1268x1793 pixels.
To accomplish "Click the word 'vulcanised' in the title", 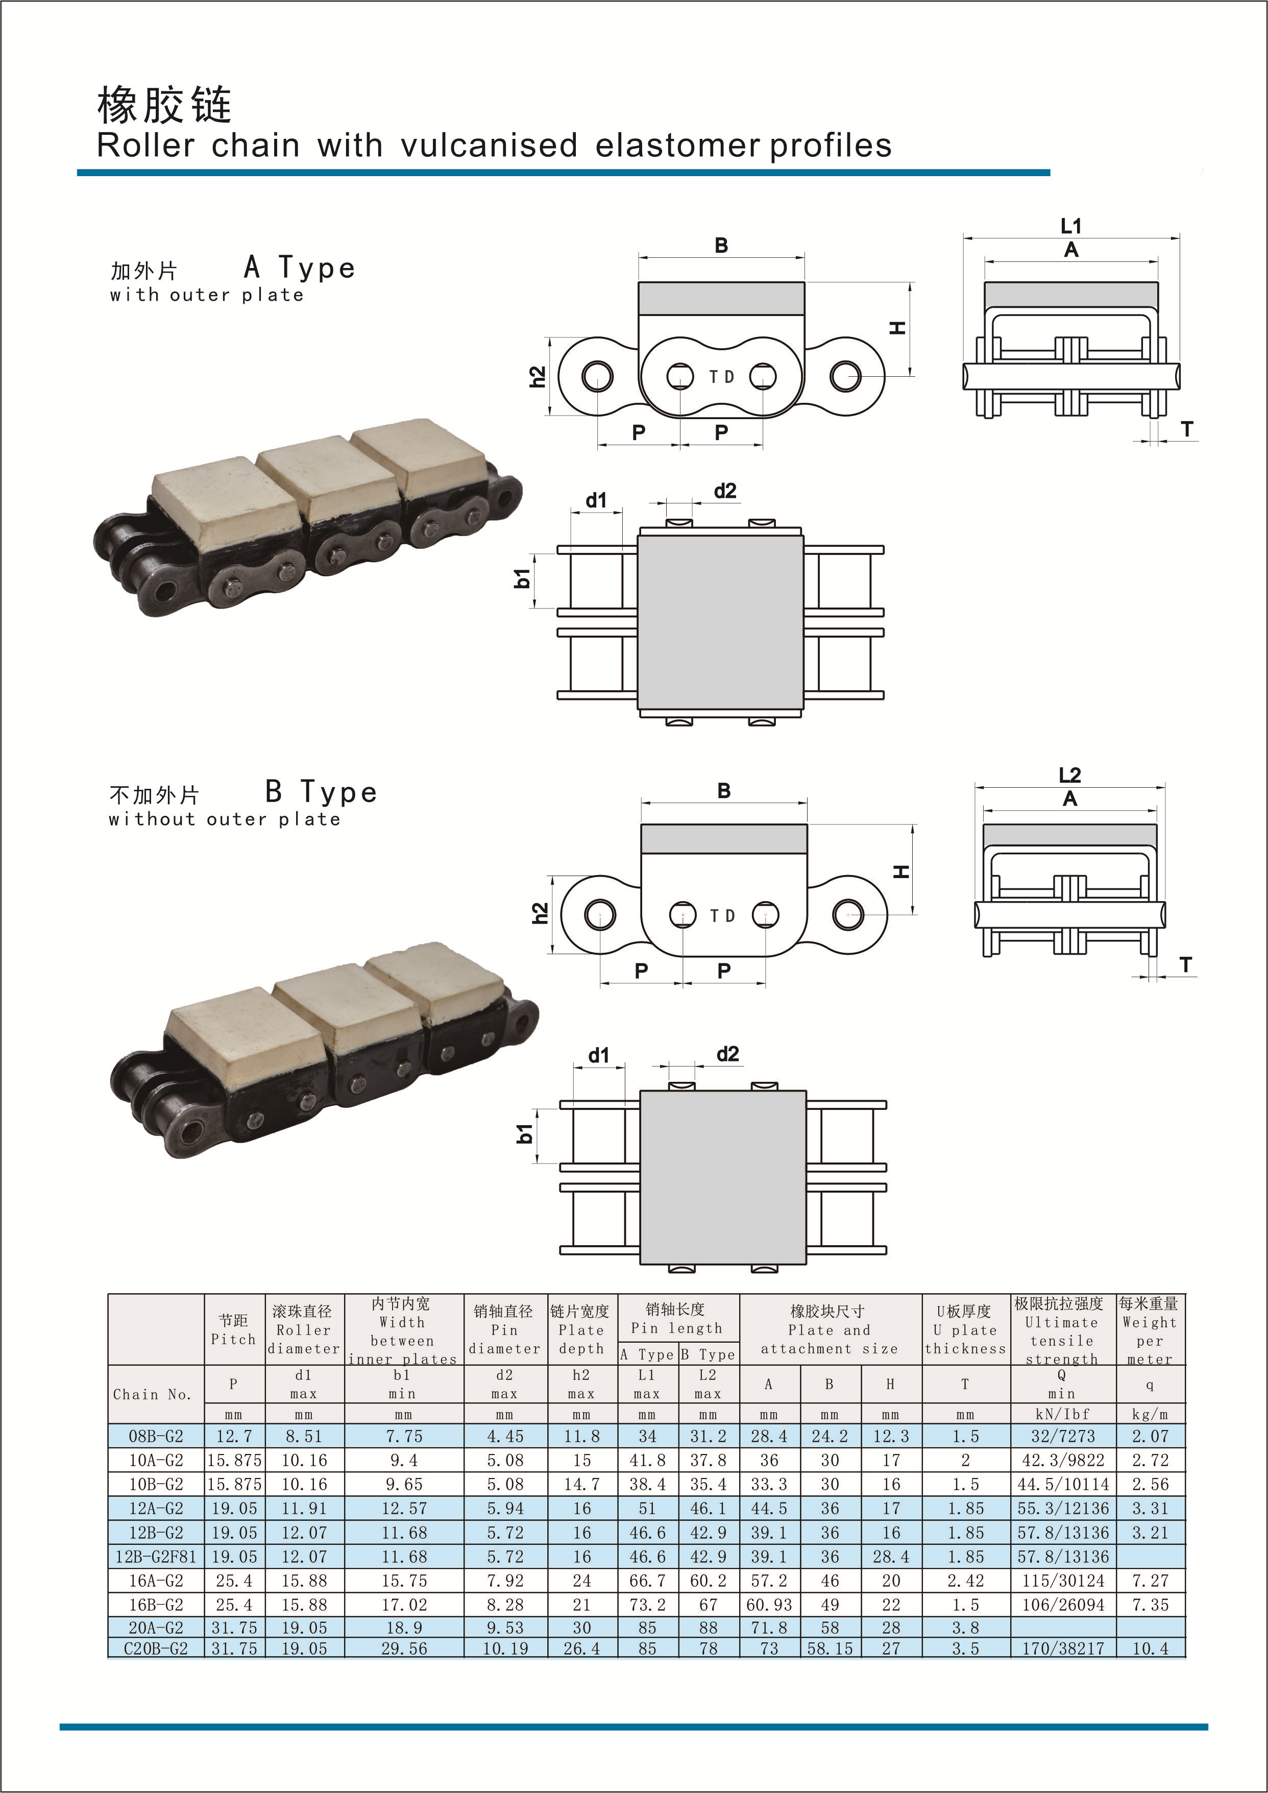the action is (x=489, y=146).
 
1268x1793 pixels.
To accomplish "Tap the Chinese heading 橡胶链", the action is (x=165, y=105).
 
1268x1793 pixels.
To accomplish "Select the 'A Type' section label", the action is (x=300, y=268).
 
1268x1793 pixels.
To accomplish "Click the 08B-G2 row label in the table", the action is (x=156, y=1436).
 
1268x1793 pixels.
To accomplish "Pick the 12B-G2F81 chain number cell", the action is (x=156, y=1557).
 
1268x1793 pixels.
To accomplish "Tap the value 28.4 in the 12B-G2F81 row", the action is (x=891, y=1557).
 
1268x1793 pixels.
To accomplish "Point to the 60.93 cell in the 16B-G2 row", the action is (x=769, y=1605).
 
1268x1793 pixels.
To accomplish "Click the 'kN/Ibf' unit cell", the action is (x=1062, y=1414).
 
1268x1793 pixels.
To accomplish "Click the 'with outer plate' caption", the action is (x=207, y=295).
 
